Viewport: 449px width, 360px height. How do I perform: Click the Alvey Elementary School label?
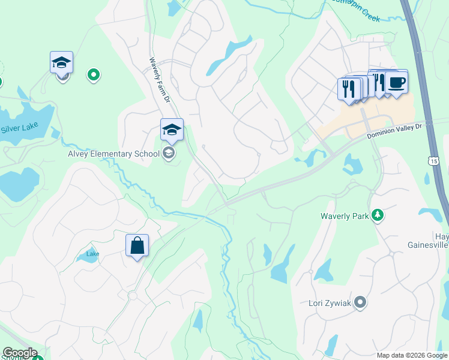pos(113,154)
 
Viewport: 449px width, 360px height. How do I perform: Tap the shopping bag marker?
pos(137,245)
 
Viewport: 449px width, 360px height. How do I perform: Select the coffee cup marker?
pos(396,82)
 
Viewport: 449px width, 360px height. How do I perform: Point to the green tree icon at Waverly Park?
pos(378,215)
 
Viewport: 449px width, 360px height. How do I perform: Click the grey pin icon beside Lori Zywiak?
pos(360,302)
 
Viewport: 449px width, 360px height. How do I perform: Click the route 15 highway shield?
pos(433,160)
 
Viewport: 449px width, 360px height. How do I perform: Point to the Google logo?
pos(20,353)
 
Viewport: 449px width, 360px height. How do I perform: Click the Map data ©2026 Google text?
pos(411,355)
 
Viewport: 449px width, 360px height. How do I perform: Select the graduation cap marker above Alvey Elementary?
pos(171,129)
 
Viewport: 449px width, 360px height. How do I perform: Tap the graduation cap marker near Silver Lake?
pos(61,62)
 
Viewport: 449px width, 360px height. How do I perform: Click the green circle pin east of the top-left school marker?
pos(94,74)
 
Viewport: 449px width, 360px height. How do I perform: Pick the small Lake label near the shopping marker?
pos(92,254)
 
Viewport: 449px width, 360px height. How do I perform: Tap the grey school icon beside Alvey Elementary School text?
pos(169,154)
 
